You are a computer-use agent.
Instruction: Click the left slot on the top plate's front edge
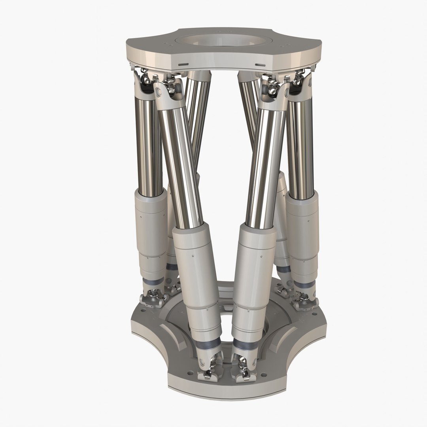pyautogui.click(x=183, y=64)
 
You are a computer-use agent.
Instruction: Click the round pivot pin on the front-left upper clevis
pyautogui.click(x=159, y=93)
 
